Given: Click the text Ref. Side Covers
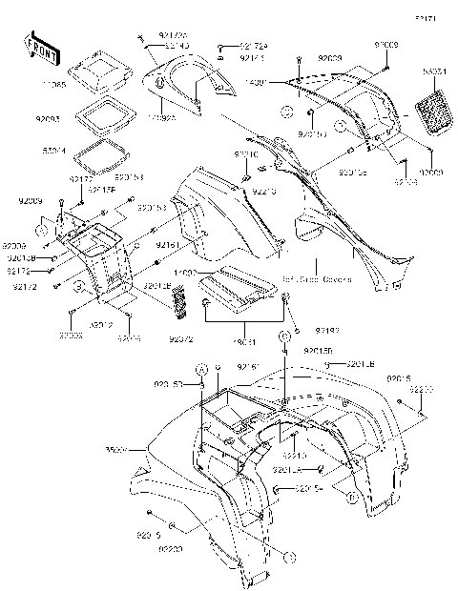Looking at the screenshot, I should (x=316, y=279).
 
